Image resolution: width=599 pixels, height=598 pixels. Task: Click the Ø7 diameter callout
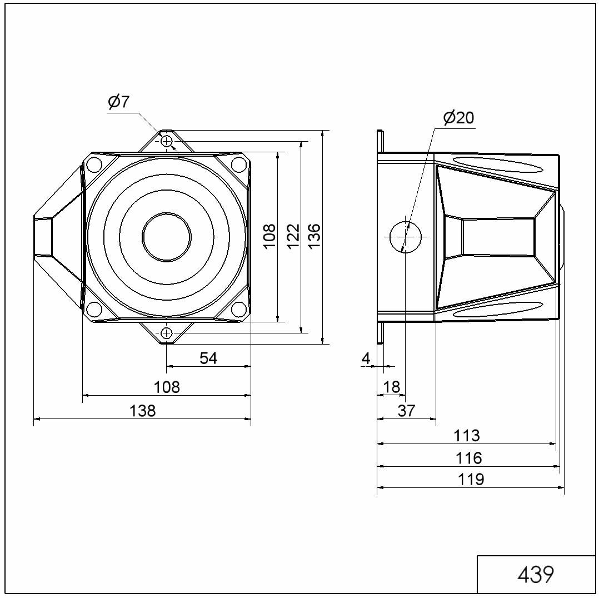119,102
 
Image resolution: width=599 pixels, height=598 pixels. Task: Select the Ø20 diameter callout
458,117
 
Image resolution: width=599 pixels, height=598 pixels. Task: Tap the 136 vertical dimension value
314,237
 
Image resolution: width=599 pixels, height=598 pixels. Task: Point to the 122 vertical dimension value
293,237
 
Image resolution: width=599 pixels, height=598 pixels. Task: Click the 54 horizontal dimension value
208,358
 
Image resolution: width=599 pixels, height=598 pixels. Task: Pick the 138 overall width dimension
142,411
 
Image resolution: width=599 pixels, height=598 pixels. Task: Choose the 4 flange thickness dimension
366,358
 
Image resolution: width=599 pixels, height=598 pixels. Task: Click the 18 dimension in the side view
391,387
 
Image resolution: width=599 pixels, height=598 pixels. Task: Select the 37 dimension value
406,411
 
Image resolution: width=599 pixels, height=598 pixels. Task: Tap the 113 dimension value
466,436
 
